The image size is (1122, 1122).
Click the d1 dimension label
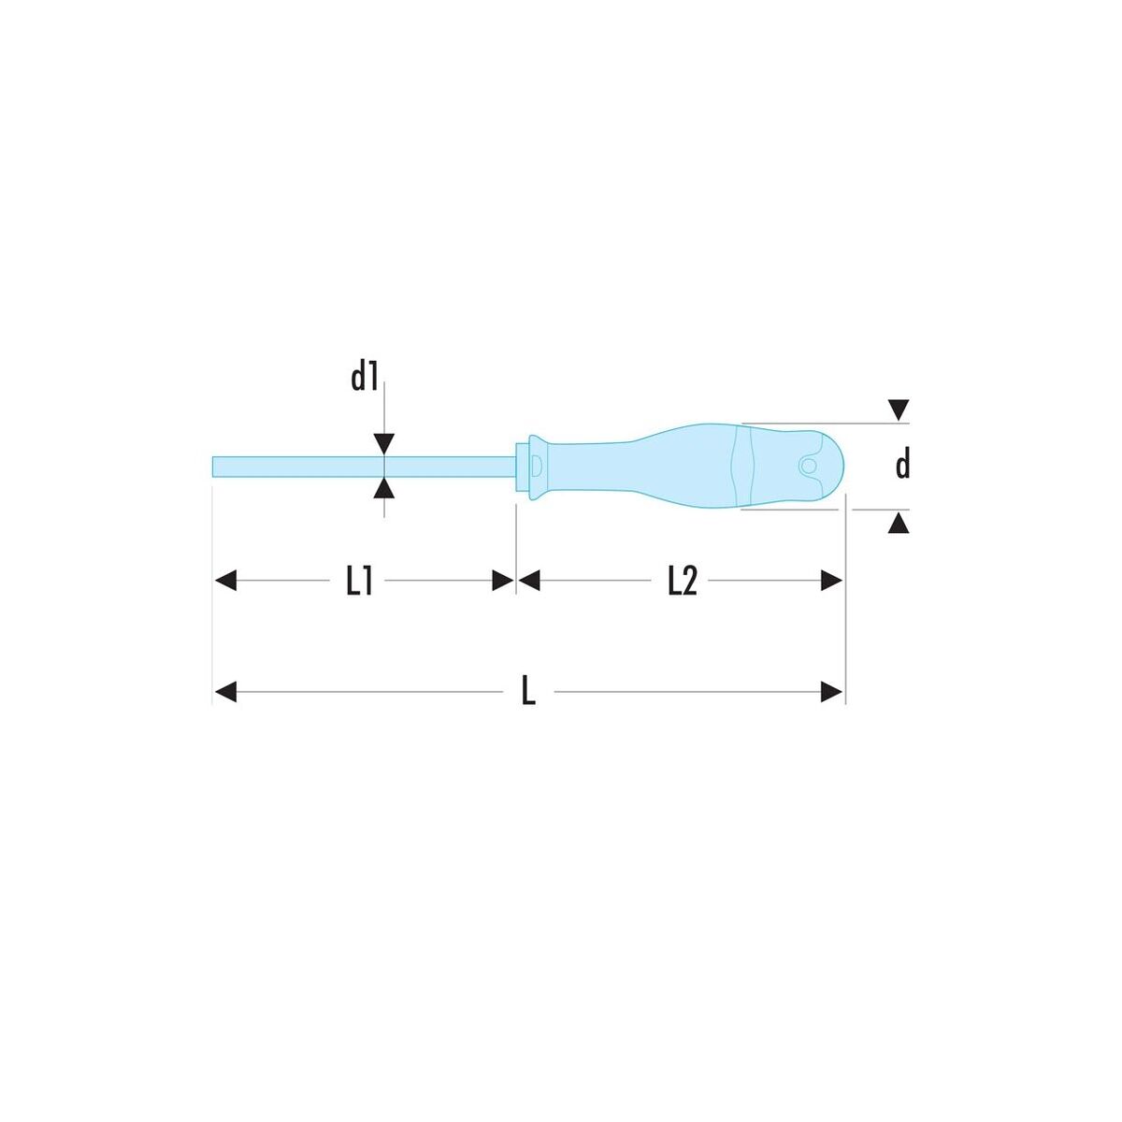[x=365, y=378]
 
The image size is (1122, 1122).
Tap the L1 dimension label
[x=359, y=582]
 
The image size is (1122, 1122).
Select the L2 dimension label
[x=683, y=582]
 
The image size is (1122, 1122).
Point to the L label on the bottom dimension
[x=528, y=692]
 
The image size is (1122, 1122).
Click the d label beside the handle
[x=902, y=465]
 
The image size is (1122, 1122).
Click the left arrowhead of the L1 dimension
[x=226, y=581]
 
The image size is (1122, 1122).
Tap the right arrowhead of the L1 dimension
[x=503, y=581]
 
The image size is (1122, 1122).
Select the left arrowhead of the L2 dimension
[x=529, y=581]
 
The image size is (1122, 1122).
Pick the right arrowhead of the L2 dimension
[x=831, y=581]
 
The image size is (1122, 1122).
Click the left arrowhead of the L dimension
[x=226, y=692]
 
